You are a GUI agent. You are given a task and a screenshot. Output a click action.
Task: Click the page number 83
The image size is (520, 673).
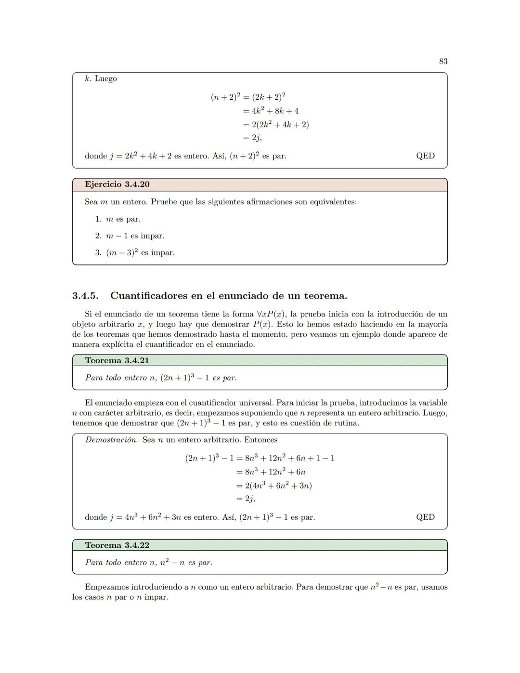click(x=443, y=61)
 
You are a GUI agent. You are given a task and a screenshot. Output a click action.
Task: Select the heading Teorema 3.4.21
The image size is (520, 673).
click(x=117, y=360)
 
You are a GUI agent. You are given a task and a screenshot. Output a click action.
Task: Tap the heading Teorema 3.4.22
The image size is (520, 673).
click(x=117, y=545)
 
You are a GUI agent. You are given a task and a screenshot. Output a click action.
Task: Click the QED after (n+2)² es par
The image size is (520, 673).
click(x=425, y=156)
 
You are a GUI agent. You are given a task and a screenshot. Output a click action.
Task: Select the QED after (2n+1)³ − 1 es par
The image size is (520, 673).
click(x=425, y=517)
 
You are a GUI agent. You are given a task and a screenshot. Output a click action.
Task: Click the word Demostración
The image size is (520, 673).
click(x=112, y=440)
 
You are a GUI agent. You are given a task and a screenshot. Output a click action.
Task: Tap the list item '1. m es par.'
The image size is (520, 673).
click(x=118, y=219)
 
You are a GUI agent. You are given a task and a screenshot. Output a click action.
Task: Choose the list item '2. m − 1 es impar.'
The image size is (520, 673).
click(x=130, y=236)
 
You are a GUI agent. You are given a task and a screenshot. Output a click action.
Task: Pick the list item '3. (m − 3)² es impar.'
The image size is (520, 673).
click(x=135, y=252)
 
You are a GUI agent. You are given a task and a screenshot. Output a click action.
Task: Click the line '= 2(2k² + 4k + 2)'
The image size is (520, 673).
click(x=275, y=124)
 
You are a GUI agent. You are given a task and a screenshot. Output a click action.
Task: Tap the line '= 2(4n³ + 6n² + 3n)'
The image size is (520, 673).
click(x=273, y=486)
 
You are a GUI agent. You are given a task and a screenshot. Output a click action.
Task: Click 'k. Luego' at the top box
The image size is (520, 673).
click(x=101, y=79)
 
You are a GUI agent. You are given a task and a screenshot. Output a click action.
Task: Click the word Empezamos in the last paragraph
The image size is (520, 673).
click(x=108, y=587)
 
